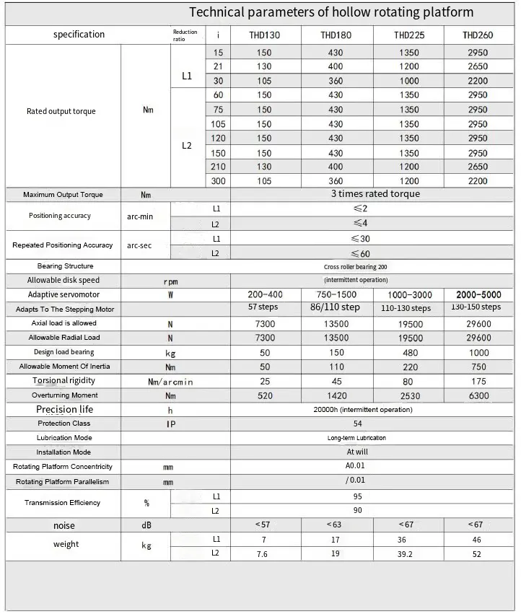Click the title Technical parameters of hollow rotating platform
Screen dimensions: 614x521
coord(331,12)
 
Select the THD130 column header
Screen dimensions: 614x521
coord(264,35)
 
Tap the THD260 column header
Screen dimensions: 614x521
coord(477,35)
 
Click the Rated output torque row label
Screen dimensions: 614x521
coord(61,111)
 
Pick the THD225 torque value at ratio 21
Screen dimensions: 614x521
coord(408,66)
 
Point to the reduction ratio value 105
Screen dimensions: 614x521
coord(218,124)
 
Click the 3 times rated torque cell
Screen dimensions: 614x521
coord(375,194)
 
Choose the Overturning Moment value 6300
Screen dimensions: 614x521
coord(478,395)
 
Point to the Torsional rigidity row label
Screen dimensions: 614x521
coord(63,380)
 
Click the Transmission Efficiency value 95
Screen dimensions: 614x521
coord(358,496)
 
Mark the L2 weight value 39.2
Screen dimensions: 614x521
coord(409,553)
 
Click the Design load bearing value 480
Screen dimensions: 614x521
coord(409,352)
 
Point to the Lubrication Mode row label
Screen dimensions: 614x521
coord(64,438)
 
